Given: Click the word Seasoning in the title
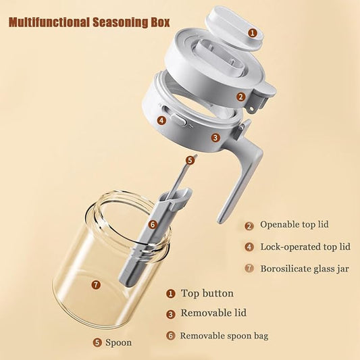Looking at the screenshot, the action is [x=120, y=22].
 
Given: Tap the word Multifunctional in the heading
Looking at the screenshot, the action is [x=49, y=22].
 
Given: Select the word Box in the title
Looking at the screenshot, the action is [x=160, y=22].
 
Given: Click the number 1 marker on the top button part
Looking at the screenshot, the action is [x=253, y=33].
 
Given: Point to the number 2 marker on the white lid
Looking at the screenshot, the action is [x=241, y=97].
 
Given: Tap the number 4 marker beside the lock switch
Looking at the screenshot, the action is [x=161, y=120].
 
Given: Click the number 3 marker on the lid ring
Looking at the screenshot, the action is [x=215, y=138].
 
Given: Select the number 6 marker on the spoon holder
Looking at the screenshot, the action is [x=153, y=224].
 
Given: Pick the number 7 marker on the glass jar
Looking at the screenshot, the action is [x=96, y=285].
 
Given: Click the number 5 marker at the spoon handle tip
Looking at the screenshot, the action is [x=190, y=160].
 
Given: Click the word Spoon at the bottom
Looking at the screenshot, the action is [x=119, y=342].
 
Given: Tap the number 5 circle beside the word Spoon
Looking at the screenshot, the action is [x=97, y=343].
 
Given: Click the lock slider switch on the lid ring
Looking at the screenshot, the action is [x=179, y=119].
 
